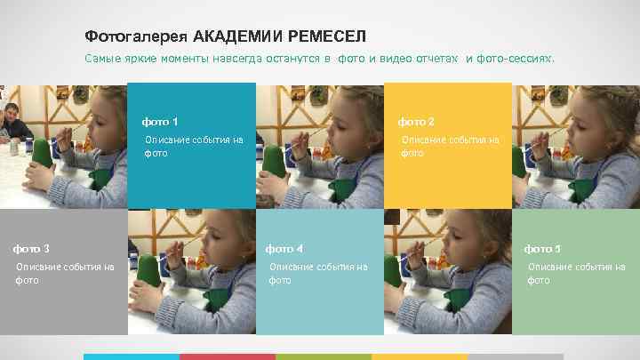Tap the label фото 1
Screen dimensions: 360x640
click(x=161, y=121)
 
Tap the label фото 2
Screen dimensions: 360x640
click(x=416, y=121)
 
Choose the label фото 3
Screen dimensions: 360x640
click(x=31, y=248)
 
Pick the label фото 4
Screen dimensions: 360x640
click(x=285, y=248)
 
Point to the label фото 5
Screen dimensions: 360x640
click(x=542, y=248)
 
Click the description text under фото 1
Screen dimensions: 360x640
click(x=193, y=146)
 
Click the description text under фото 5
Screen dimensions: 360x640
click(x=576, y=273)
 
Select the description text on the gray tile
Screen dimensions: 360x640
click(x=65, y=273)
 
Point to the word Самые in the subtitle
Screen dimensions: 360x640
click(x=102, y=59)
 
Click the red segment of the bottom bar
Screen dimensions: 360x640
click(x=227, y=356)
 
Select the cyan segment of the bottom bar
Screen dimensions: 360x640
click(x=132, y=356)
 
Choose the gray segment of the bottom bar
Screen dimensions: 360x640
click(x=515, y=356)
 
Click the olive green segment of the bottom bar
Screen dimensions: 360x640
click(x=323, y=356)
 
